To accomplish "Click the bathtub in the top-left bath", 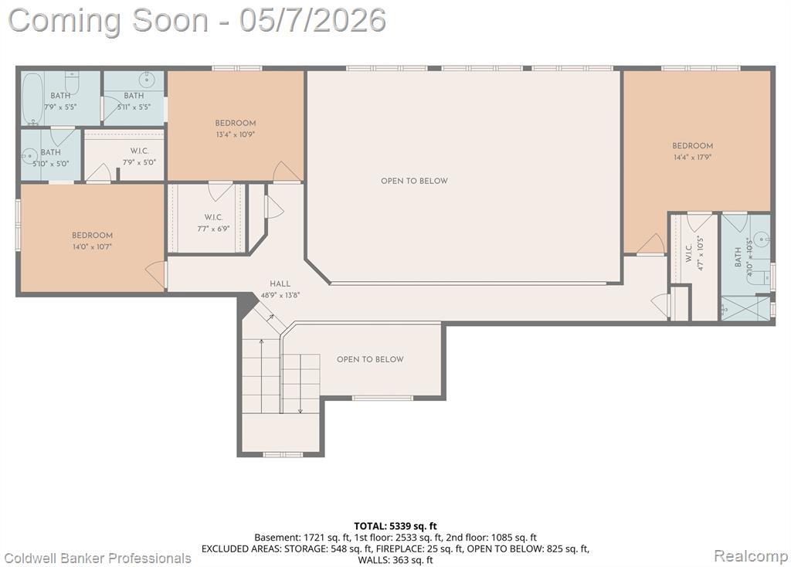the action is pyautogui.click(x=32, y=99).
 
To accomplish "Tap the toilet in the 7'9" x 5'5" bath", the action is pyautogui.click(x=72, y=80).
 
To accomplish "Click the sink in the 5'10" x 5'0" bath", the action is pyautogui.click(x=29, y=156).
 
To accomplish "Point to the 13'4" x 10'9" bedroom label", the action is pyautogui.click(x=235, y=123).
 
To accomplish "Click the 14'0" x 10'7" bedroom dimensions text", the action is pyautogui.click(x=92, y=247).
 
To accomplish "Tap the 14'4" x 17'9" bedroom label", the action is pyautogui.click(x=692, y=146).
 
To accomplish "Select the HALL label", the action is pyautogui.click(x=280, y=284).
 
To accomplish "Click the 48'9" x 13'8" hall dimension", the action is pyautogui.click(x=280, y=296).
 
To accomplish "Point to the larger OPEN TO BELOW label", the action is pyautogui.click(x=414, y=181).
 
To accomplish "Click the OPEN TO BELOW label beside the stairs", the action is pyautogui.click(x=370, y=360).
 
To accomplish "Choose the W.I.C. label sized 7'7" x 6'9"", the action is pyautogui.click(x=213, y=217).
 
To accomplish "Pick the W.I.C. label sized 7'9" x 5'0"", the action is pyautogui.click(x=139, y=151).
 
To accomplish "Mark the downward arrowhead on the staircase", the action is pyautogui.click(x=300, y=411).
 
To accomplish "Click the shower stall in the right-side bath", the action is pyautogui.click(x=745, y=307).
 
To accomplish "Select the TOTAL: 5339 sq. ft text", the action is pyautogui.click(x=395, y=527).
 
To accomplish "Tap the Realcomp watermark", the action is pyautogui.click(x=751, y=556).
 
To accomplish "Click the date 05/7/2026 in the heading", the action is pyautogui.click(x=313, y=21).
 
